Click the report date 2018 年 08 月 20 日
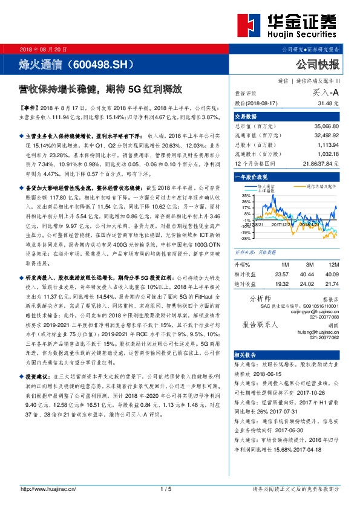(x=44, y=49)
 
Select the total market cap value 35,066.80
(x=327, y=127)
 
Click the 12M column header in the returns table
(x=332, y=265)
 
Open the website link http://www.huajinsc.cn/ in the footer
(x=48, y=488)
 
